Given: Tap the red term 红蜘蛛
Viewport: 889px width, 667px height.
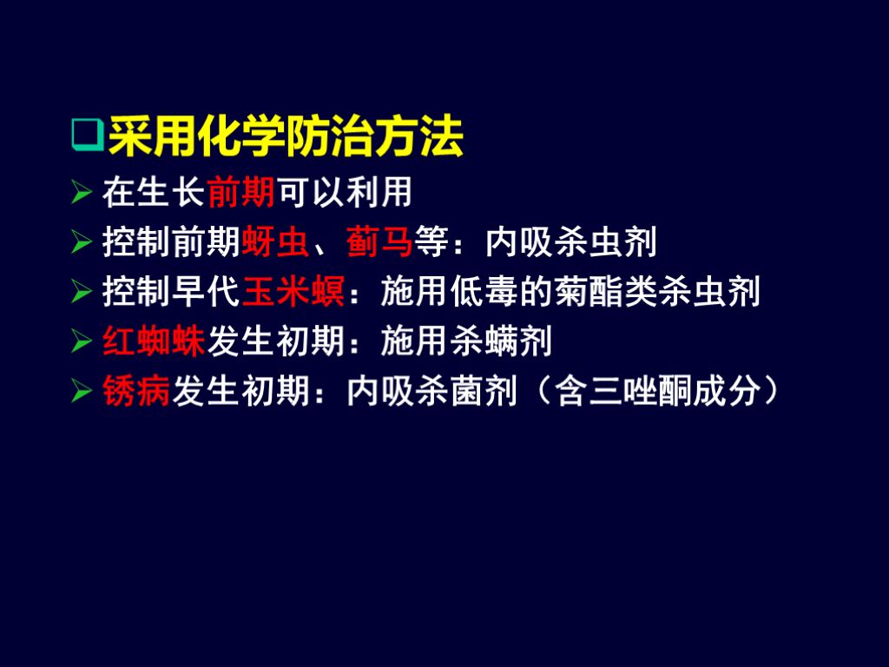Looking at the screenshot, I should pos(154,342).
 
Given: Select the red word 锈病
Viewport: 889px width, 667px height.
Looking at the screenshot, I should pos(137,392).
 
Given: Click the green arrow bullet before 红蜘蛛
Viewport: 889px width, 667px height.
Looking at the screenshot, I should pos(82,342).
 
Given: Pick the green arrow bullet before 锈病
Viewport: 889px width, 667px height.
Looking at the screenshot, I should pos(82,392).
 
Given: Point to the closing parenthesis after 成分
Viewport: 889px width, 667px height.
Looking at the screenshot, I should pos(768,392).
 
